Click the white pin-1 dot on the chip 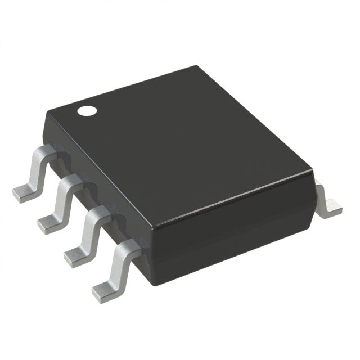click(x=87, y=110)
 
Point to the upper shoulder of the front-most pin click(x=129, y=245)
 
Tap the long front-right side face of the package click(x=236, y=225)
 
